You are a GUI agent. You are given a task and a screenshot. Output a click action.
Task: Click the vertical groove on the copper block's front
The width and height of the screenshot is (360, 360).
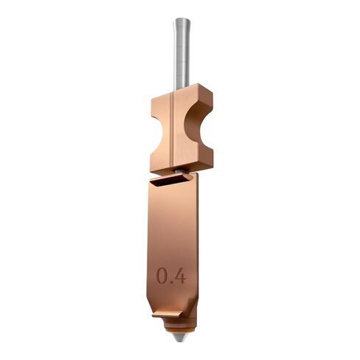[171, 129]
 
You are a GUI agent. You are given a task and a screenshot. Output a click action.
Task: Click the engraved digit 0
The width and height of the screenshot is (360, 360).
[163, 276]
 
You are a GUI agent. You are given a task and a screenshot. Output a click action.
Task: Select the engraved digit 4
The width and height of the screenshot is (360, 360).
[181, 276]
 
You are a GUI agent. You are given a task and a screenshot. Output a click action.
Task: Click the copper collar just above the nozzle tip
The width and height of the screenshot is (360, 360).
[178, 330]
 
